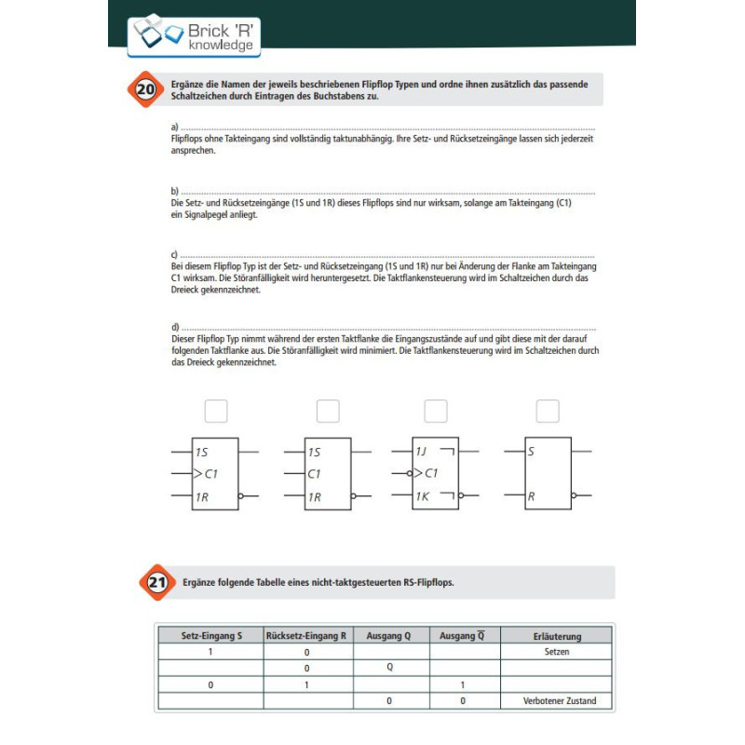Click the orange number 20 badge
(145, 90)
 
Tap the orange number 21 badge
(157, 583)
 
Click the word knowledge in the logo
(220, 45)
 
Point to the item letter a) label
(174, 127)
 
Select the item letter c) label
(174, 254)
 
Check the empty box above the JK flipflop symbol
(435, 411)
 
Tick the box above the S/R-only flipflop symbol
(548, 411)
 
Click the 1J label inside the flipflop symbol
(423, 452)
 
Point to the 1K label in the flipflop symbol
(423, 496)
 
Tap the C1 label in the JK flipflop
(431, 474)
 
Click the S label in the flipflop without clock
(531, 452)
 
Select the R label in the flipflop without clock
(531, 496)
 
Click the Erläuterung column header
(557, 636)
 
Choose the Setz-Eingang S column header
(211, 636)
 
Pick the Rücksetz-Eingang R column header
(306, 636)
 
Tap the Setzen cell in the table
(557, 652)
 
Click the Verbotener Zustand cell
(559, 700)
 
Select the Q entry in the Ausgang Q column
(390, 668)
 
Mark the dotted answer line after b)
(386, 191)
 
